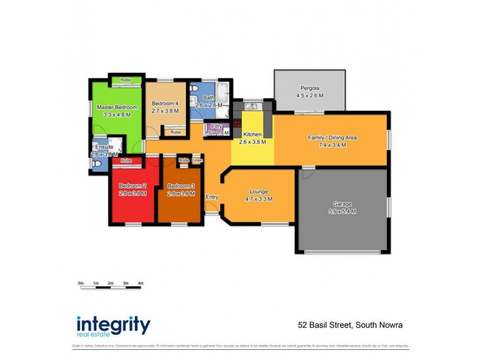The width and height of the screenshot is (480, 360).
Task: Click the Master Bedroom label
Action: point(117,107)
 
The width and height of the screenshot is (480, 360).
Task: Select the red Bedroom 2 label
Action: point(133,185)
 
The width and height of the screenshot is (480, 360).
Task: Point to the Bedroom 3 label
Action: point(181,185)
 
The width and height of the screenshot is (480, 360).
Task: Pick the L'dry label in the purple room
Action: point(217,126)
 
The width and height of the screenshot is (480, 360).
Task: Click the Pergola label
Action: point(310,88)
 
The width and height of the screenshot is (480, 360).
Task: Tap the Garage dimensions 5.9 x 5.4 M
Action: point(342,211)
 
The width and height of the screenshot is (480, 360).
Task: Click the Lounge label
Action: point(259,191)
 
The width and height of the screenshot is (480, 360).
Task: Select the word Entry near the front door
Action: point(212,197)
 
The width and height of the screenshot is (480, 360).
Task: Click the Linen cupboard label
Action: point(197,161)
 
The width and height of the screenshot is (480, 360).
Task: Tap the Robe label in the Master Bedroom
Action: point(125,80)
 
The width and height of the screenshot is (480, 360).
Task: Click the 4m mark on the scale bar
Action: point(140,283)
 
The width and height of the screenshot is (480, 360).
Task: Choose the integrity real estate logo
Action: point(113,326)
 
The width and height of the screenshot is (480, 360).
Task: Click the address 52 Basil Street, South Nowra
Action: point(350,325)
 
